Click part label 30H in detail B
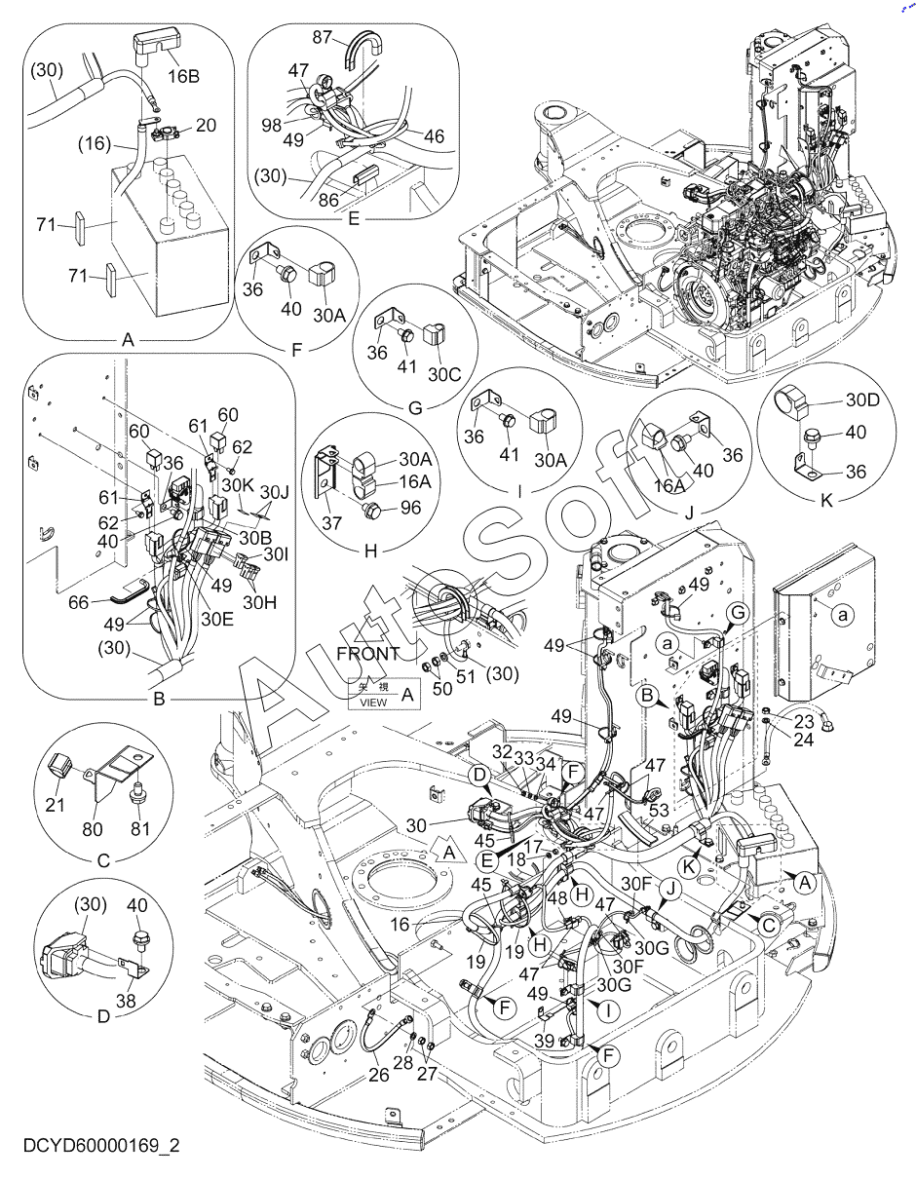(x=259, y=602)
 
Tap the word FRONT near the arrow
(x=366, y=653)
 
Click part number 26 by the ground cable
(x=378, y=1075)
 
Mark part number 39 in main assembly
(x=544, y=1042)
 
